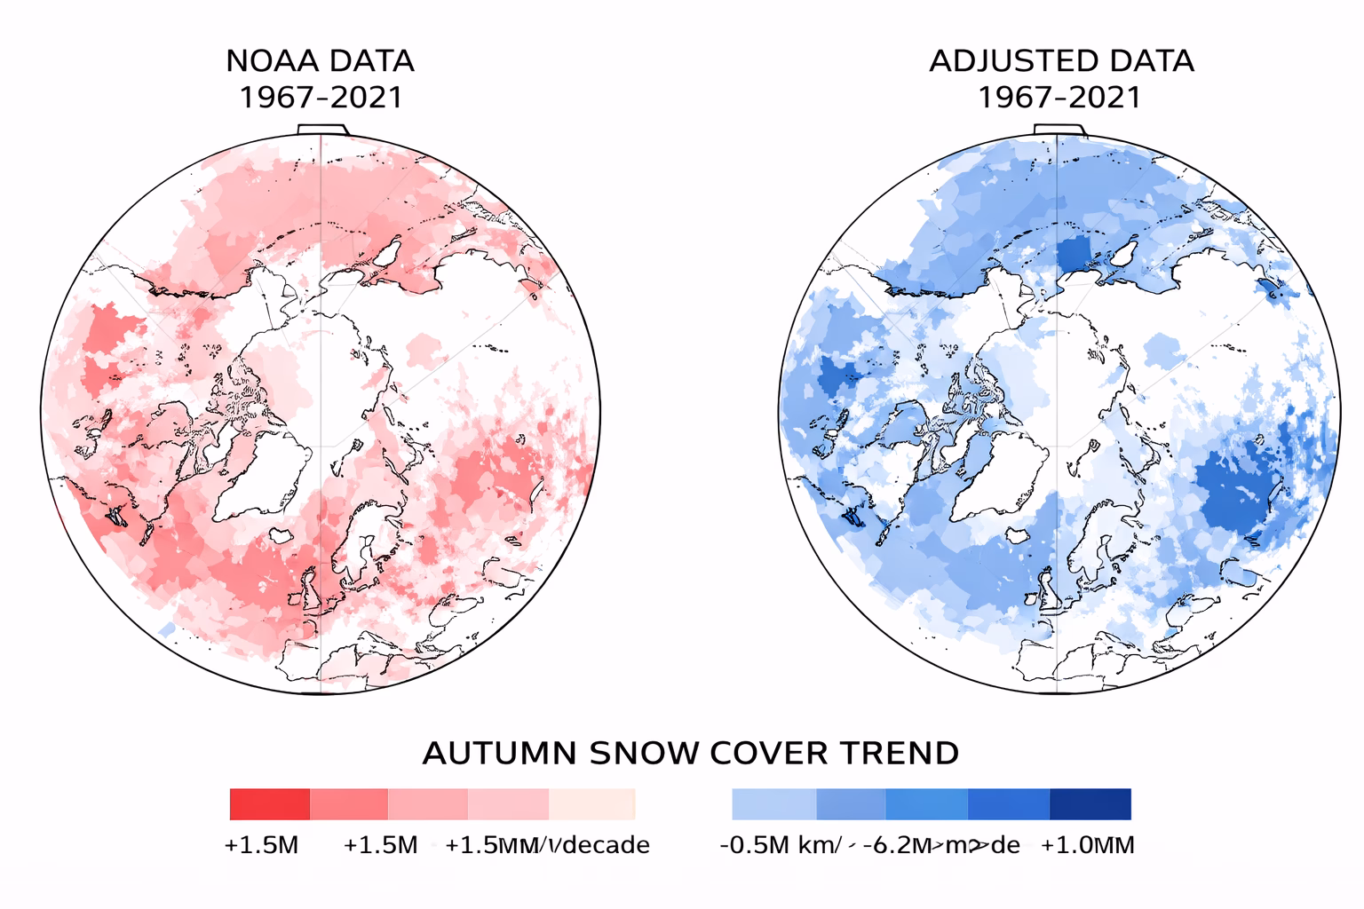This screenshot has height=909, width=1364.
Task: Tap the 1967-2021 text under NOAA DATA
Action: pos(321,97)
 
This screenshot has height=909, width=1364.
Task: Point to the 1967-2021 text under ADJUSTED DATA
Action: pos(1059,97)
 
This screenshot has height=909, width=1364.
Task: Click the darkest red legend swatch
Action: pos(269,804)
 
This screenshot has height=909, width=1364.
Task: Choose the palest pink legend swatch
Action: pos(592,804)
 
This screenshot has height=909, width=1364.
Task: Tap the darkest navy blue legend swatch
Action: pos(1090,804)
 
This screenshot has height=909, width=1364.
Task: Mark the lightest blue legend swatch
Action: pos(773,804)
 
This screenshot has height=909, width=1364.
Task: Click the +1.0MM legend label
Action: pos(1087,845)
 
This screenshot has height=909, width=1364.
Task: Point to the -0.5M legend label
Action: pos(754,845)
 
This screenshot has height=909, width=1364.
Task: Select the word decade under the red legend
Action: pos(606,845)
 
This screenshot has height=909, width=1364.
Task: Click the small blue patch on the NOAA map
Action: pos(166,629)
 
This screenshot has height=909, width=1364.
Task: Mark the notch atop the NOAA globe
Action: pos(321,130)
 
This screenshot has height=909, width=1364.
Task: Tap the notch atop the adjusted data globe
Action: pos(1059,130)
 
